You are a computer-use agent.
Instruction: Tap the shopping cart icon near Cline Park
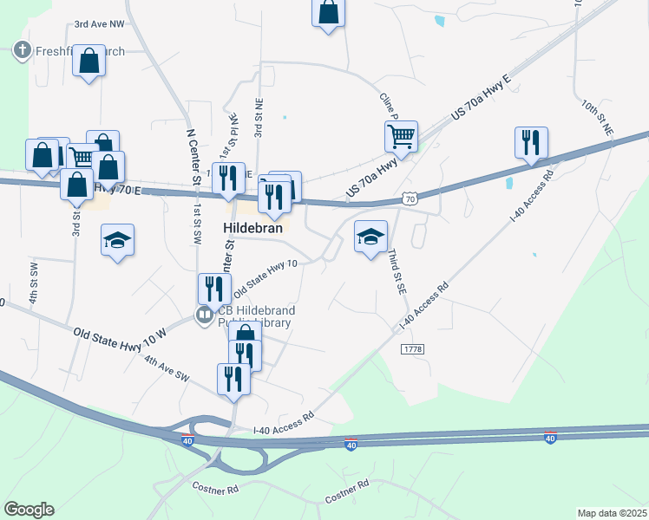pos(401,135)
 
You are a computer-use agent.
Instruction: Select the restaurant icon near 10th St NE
pos(531,142)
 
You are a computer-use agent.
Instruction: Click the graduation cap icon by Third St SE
pos(370,237)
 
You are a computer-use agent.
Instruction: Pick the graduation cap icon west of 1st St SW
pos(117,239)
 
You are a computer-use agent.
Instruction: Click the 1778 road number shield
pos(411,348)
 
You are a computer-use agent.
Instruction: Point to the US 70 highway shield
pos(410,199)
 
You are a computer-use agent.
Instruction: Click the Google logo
pos(29,510)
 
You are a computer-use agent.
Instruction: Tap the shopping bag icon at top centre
pos(328,12)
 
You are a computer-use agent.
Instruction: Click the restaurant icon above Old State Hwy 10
pos(213,288)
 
